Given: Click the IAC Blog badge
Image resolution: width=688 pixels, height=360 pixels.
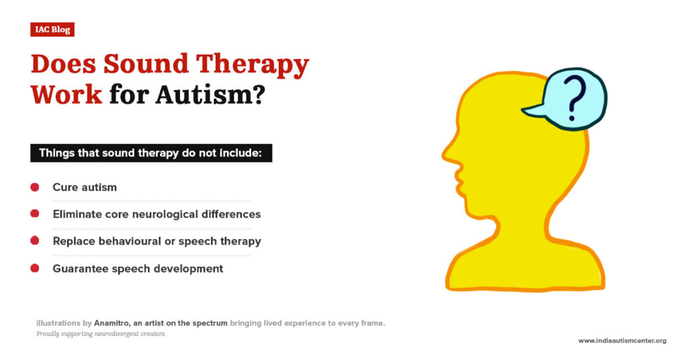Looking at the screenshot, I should click(x=52, y=30).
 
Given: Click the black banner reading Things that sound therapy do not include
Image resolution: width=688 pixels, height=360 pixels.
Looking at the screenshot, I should click(x=151, y=152).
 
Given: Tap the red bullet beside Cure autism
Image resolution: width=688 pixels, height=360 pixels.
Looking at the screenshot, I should click(x=35, y=187).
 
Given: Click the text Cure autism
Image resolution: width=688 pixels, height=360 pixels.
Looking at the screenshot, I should click(x=85, y=187).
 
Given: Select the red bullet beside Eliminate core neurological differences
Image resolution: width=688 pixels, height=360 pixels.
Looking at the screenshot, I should click(x=35, y=214).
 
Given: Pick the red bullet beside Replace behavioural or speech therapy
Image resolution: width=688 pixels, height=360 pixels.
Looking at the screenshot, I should click(x=35, y=241).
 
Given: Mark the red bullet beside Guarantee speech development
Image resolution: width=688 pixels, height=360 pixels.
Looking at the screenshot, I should click(x=35, y=268).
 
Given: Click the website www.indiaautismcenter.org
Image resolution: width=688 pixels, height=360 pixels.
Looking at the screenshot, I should click(x=622, y=341).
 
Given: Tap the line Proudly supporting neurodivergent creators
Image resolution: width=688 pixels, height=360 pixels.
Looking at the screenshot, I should click(x=101, y=334).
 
